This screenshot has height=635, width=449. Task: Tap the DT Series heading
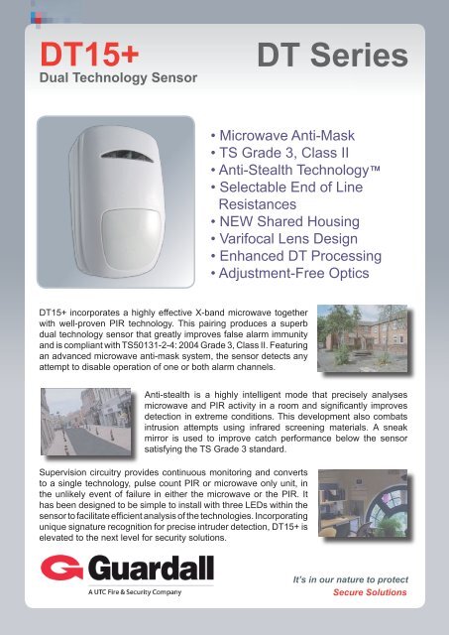(331, 55)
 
